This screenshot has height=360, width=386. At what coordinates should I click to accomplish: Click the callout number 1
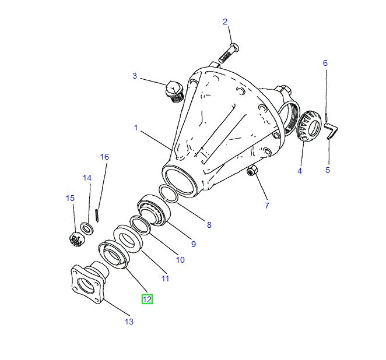pyautogui.click(x=136, y=128)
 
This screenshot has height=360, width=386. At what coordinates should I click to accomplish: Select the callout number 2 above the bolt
pyautogui.click(x=225, y=22)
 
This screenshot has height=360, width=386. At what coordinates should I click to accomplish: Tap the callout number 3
pyautogui.click(x=135, y=76)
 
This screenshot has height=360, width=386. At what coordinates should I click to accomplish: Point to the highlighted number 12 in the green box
pyautogui.click(x=146, y=299)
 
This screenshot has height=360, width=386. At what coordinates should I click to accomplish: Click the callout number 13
pyautogui.click(x=128, y=322)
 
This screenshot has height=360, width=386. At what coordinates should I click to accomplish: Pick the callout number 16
pyautogui.click(x=104, y=157)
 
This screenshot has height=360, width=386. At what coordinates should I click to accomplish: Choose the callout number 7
pyautogui.click(x=266, y=206)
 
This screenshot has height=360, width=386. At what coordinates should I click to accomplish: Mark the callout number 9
pyautogui.click(x=193, y=243)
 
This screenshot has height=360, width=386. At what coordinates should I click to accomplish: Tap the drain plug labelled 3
pyautogui.click(x=174, y=91)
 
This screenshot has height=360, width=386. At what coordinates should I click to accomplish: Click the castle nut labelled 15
pyautogui.click(x=74, y=237)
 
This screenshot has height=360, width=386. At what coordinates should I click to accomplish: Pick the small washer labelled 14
pyautogui.click(x=85, y=227)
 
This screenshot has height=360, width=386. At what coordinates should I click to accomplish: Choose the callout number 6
pyautogui.click(x=325, y=63)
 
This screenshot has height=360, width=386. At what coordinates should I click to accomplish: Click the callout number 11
pyautogui.click(x=165, y=278)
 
